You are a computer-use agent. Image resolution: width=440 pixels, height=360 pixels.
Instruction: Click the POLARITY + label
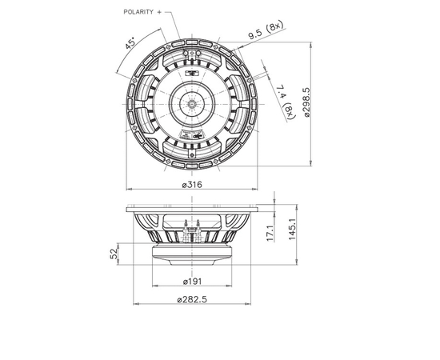point(142,12)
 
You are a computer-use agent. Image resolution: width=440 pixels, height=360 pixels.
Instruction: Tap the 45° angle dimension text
point(130,44)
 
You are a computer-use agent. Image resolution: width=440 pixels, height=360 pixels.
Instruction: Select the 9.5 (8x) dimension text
point(266,30)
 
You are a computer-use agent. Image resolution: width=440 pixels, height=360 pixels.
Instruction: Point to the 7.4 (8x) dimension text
point(286,102)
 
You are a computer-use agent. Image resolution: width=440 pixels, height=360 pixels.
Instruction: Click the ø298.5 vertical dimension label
point(306,102)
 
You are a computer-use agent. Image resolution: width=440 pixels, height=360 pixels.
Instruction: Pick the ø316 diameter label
point(192,185)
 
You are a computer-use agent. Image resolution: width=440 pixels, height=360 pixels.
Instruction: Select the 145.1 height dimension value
point(292,229)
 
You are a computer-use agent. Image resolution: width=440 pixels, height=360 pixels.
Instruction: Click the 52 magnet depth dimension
point(114,254)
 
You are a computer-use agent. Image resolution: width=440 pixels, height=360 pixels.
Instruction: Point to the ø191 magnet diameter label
point(192,281)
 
